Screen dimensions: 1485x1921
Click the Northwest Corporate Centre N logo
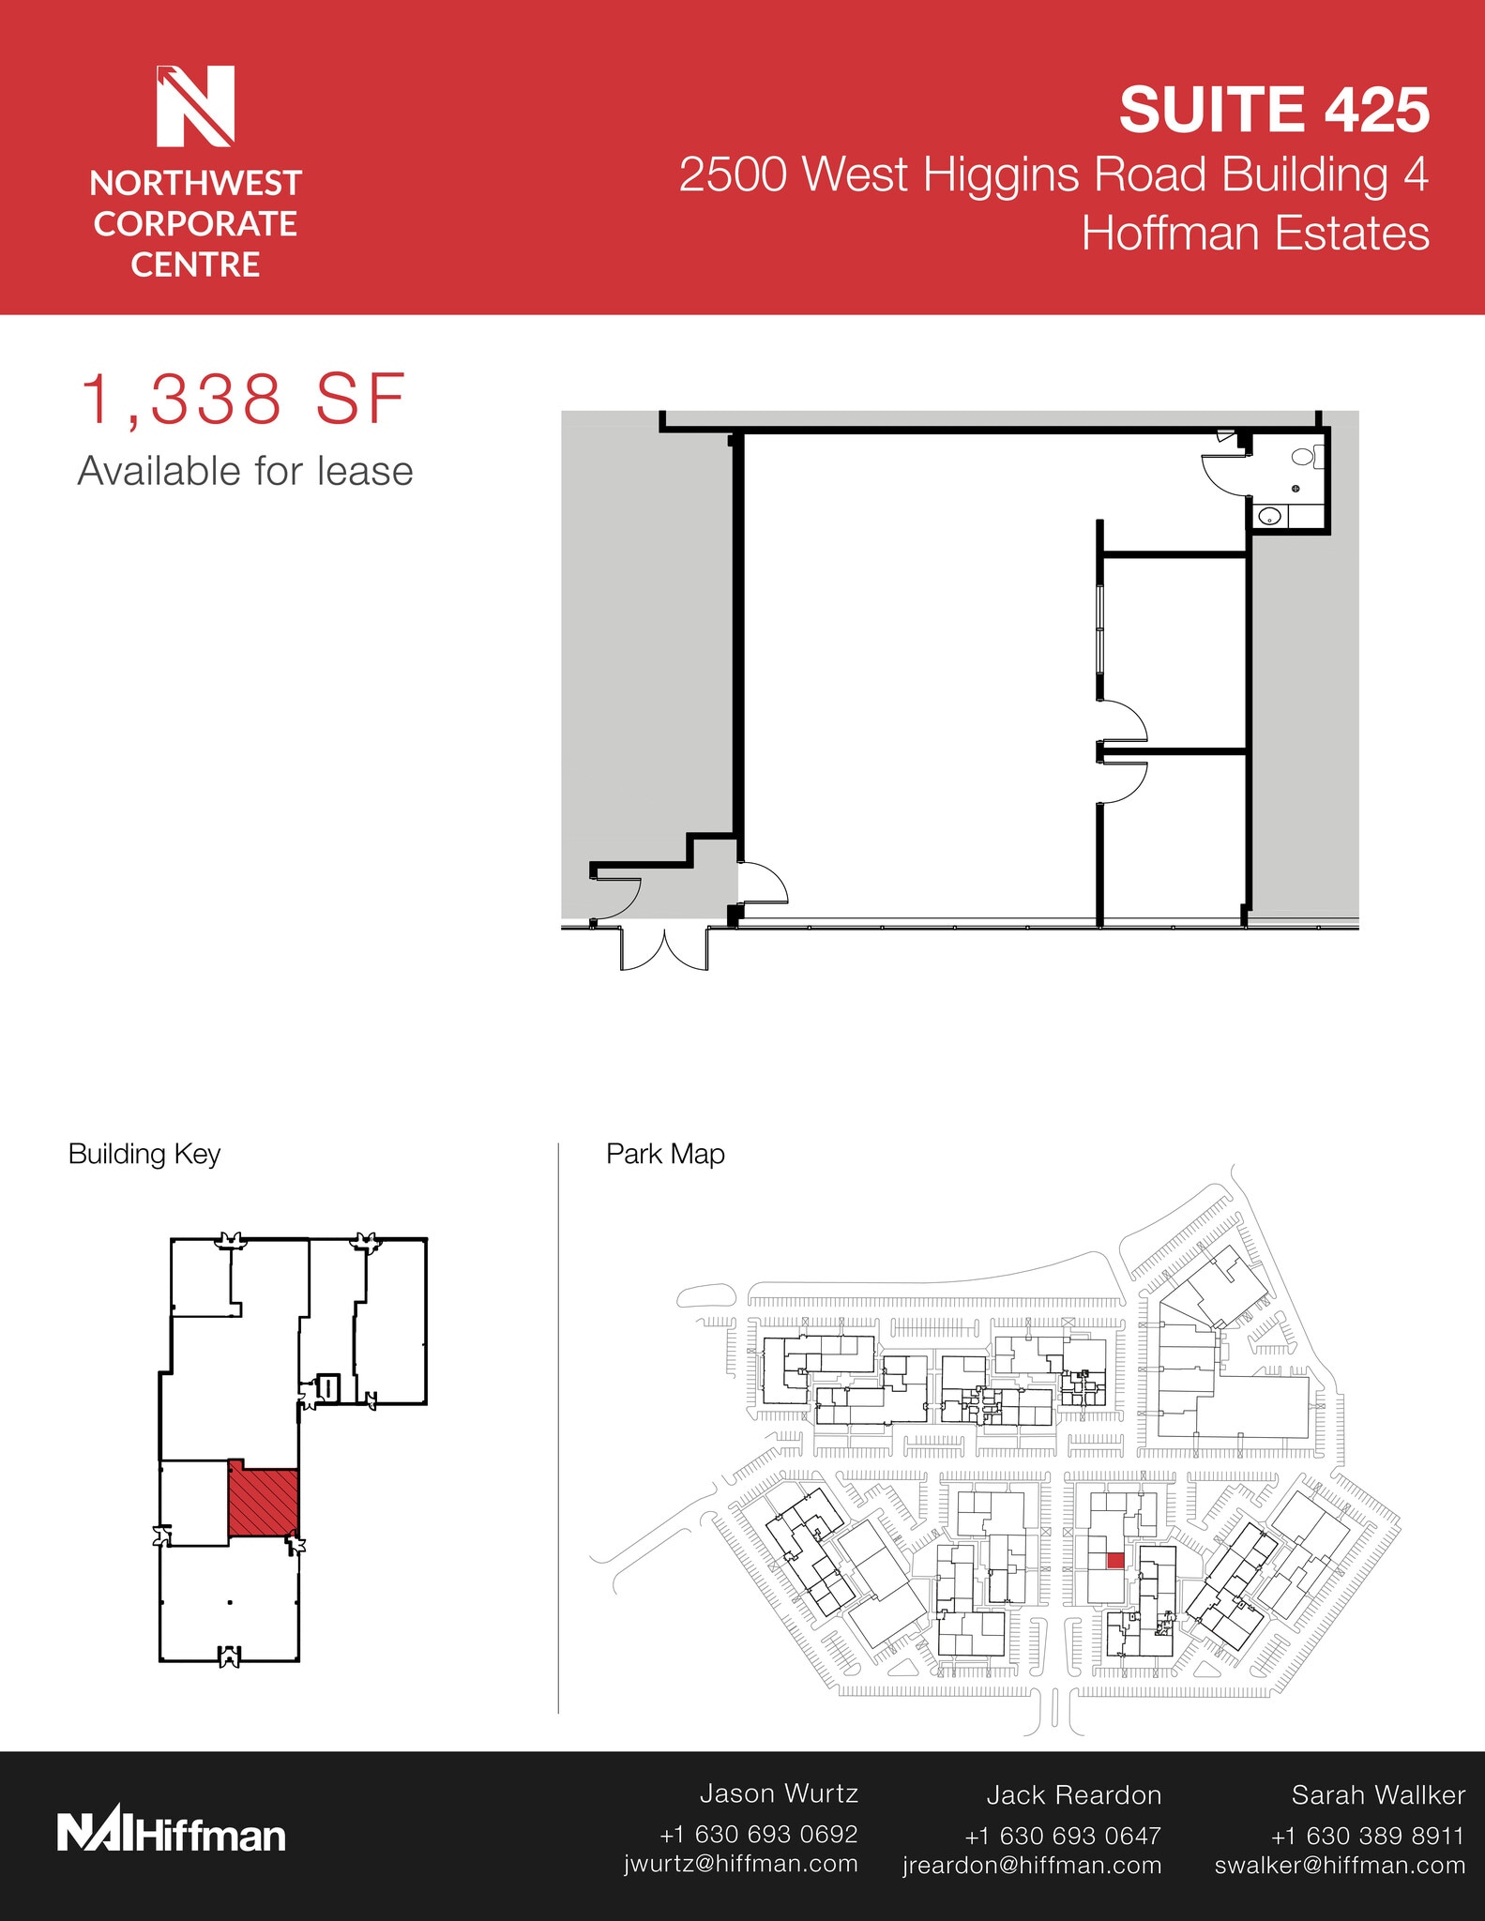[x=195, y=106]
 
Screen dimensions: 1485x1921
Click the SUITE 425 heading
[x=1274, y=110]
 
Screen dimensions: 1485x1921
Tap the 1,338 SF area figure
[x=243, y=400]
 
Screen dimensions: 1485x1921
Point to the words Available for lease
[x=245, y=471]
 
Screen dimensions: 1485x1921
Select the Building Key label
[x=144, y=1154]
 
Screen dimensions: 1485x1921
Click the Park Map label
[x=665, y=1154]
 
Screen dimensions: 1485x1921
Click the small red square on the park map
[x=1115, y=1561]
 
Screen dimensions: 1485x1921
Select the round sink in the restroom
[x=1269, y=516]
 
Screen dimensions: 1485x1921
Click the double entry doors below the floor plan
[x=664, y=948]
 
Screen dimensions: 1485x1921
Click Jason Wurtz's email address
[x=741, y=1864]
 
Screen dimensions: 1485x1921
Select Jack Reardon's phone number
[x=1063, y=1836]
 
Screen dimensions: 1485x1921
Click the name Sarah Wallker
[x=1378, y=1795]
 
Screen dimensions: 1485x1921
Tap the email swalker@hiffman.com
[x=1340, y=1865]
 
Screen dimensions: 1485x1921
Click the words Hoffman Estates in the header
[x=1255, y=233]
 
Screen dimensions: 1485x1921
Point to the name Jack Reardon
[x=1074, y=1795]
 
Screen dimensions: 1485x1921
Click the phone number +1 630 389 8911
[x=1367, y=1836]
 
